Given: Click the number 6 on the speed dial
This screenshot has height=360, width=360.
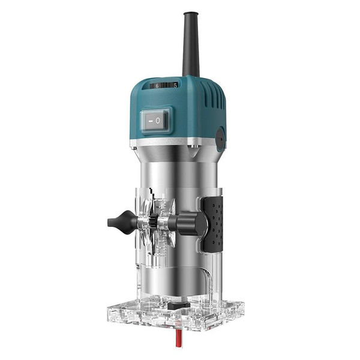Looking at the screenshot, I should [x=157, y=86].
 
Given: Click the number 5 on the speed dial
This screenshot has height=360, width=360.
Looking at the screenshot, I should [x=175, y=86].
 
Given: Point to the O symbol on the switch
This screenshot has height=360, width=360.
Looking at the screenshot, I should [x=158, y=120].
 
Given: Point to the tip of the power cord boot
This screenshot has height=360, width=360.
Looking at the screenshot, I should [x=190, y=13].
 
